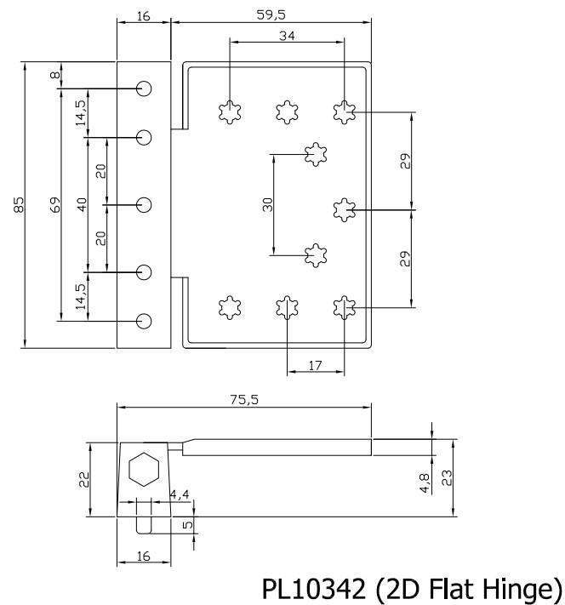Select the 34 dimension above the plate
[x=287, y=35]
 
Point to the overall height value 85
[x=18, y=204]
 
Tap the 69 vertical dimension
[x=54, y=204]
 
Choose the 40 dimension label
[x=82, y=204]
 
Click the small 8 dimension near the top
[x=55, y=76]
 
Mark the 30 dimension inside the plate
[x=267, y=204]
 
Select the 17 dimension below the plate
[x=315, y=366]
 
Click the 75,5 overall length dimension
[x=243, y=400]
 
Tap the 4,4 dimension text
[x=180, y=494]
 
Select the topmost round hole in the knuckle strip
[x=144, y=88]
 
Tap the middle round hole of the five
[x=144, y=204]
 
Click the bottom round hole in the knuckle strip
[x=144, y=320]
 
